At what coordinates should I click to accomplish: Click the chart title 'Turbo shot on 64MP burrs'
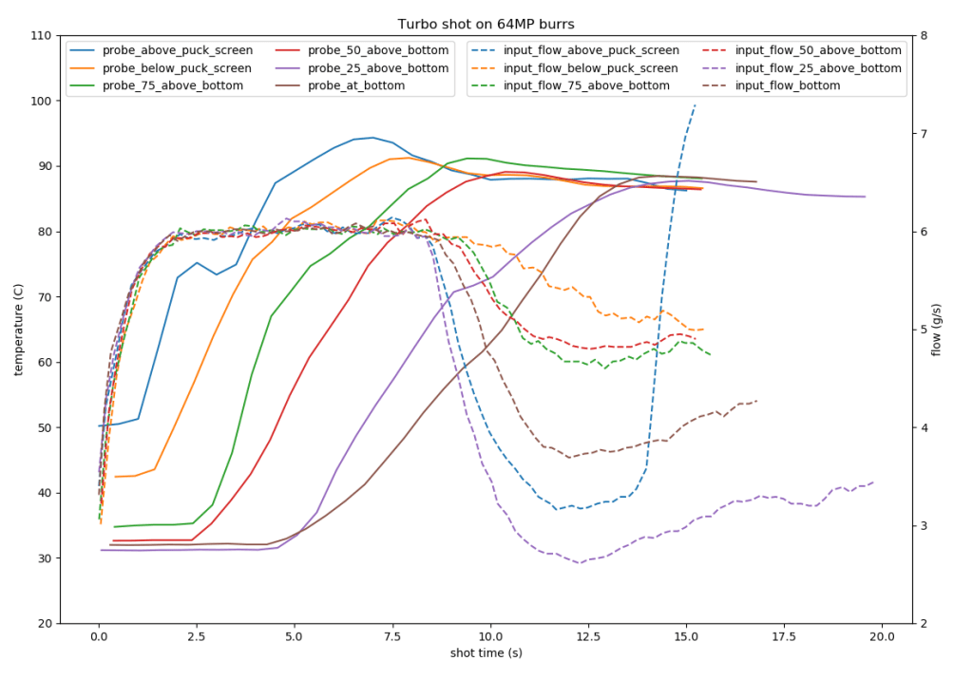(486, 25)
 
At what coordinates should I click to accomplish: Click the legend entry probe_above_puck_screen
(177, 50)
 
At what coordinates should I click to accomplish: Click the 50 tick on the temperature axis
(45, 427)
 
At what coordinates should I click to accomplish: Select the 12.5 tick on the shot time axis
(588, 635)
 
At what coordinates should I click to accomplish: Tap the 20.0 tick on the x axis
(882, 635)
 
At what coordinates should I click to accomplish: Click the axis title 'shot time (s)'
(486, 653)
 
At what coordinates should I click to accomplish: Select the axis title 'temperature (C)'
(18, 330)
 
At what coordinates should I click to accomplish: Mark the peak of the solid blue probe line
(372, 137)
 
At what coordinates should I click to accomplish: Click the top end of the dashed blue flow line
(696, 104)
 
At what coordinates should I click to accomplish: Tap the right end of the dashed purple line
(873, 482)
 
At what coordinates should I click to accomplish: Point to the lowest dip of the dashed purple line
(580, 563)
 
